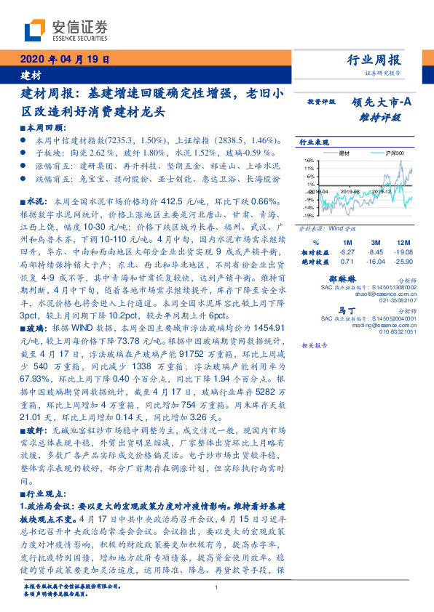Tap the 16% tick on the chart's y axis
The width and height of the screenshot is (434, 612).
(x=309, y=161)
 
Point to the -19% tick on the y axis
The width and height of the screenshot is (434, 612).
(x=308, y=216)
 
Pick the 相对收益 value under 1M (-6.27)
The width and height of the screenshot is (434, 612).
(x=347, y=251)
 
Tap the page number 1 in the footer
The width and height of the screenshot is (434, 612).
(x=217, y=589)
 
